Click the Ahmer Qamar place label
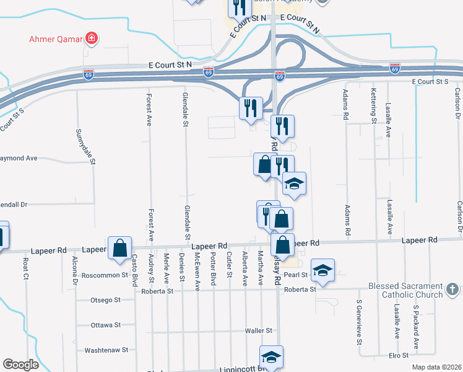tap(56, 39)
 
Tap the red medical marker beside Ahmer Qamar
tap(92, 39)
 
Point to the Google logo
tap(20, 365)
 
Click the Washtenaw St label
tap(106, 350)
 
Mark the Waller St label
tap(259, 331)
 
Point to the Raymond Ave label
tap(17, 158)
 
